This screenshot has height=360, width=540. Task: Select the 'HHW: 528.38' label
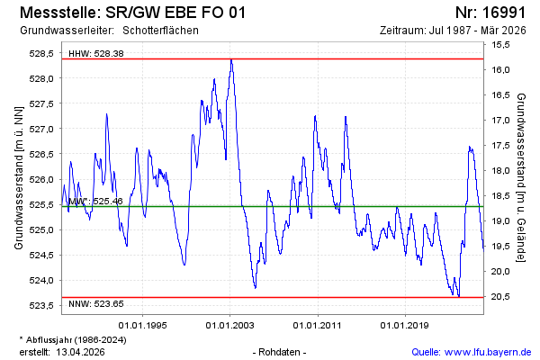[95, 54]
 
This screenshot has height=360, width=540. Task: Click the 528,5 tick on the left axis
[41, 54]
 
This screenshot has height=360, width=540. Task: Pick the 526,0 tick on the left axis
[41, 180]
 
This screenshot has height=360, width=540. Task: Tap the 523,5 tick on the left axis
[41, 306]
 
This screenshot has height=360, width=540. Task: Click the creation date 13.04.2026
[81, 351]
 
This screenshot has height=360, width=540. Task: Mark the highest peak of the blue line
[231, 60]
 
